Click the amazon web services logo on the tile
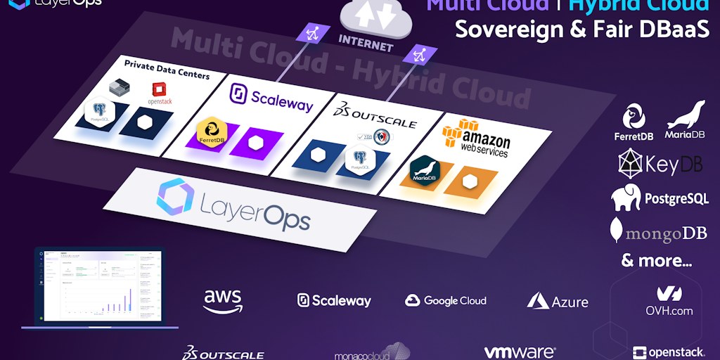476,137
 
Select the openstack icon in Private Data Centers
161,94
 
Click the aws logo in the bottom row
223,300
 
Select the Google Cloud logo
446,300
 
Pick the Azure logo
558,301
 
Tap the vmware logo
520,352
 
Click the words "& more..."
657,261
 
